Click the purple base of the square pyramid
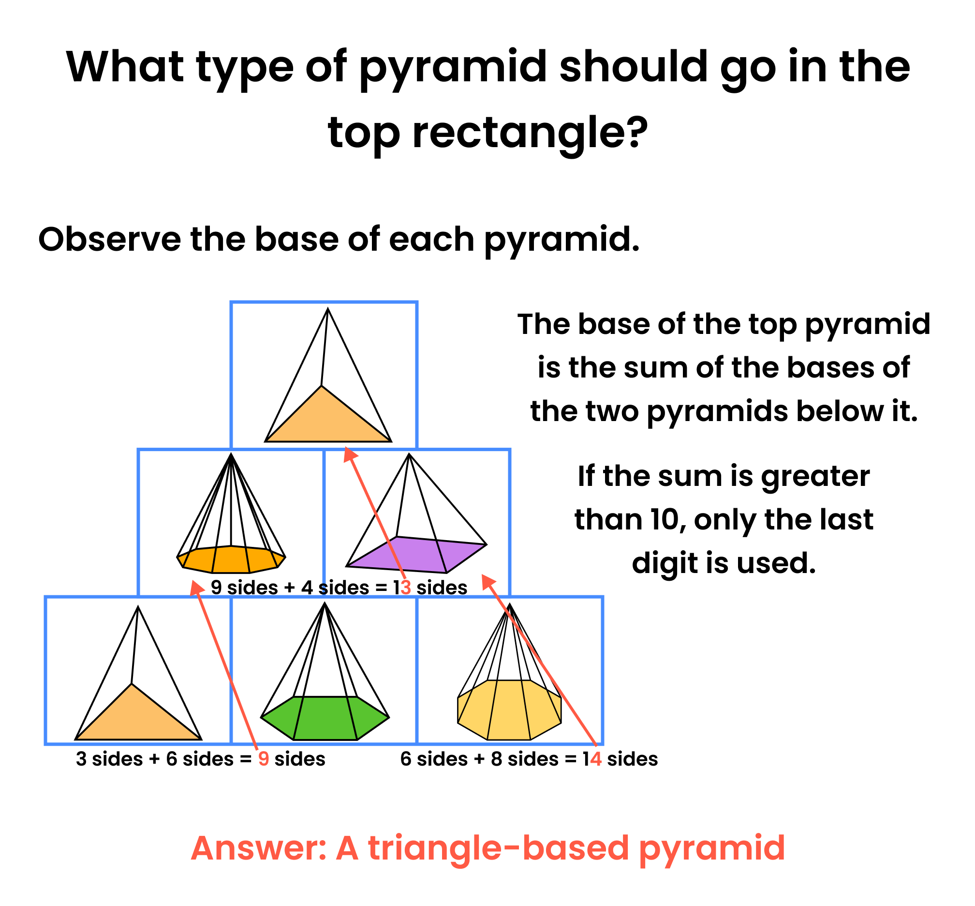tap(416, 555)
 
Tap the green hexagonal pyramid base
tap(325, 718)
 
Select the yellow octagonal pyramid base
tap(509, 710)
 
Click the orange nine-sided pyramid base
tap(231, 559)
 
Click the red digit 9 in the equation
tap(264, 759)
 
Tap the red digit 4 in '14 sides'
tap(595, 759)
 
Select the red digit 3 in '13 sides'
tap(405, 588)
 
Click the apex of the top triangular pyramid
tap(328, 308)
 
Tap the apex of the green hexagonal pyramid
tap(325, 603)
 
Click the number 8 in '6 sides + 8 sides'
tap(497, 759)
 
